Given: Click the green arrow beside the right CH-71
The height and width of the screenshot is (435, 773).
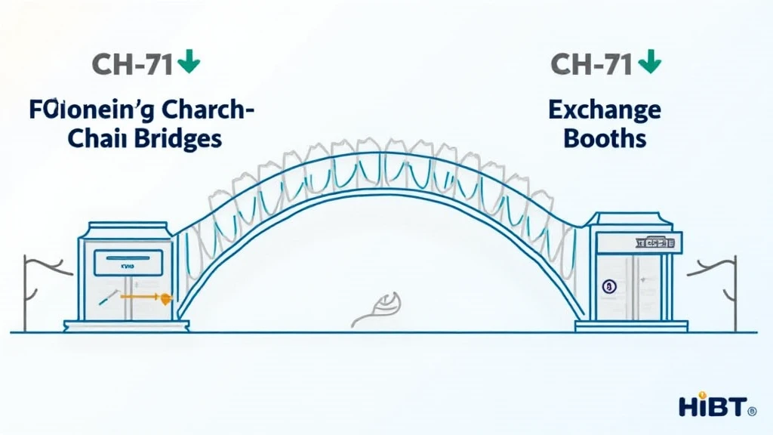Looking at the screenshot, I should (647, 63).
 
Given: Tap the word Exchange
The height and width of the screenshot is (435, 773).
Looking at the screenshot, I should (604, 111).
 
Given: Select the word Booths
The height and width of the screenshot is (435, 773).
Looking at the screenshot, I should (605, 139).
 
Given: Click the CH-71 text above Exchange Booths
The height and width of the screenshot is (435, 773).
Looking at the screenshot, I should (591, 64).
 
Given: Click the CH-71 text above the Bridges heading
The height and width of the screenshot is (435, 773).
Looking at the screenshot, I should (133, 64).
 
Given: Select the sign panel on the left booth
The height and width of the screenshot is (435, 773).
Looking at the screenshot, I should (128, 262).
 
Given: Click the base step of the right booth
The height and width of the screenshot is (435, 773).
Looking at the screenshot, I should (631, 326).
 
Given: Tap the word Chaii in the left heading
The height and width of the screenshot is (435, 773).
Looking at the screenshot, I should (101, 139).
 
